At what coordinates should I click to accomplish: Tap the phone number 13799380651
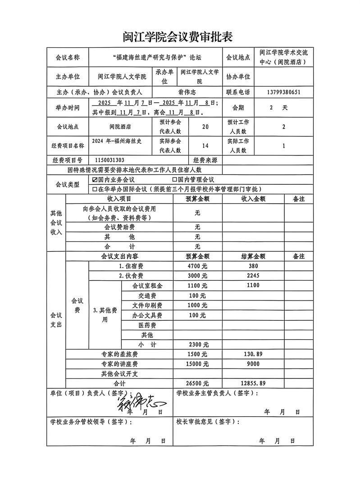(283, 92)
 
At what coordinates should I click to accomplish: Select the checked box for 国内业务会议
(95, 180)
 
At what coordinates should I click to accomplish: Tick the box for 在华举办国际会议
(95, 189)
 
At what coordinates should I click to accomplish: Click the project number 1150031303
(110, 160)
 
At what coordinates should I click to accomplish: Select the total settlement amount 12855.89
(253, 383)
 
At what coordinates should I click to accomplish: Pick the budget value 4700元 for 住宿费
(197, 266)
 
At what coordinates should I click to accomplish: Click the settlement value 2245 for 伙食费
(253, 276)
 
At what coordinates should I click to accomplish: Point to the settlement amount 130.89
(253, 354)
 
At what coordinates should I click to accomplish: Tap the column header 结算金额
(253, 256)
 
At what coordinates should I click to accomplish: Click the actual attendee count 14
(205, 146)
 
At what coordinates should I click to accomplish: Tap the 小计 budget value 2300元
(197, 344)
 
